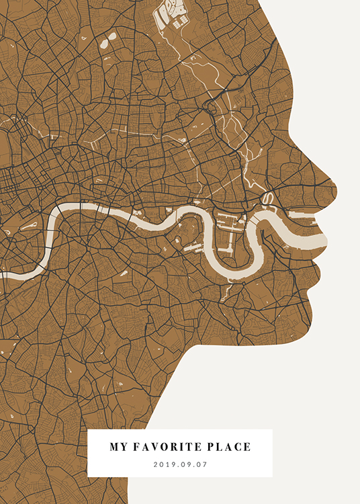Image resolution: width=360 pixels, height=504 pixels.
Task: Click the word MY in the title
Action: click(118, 446)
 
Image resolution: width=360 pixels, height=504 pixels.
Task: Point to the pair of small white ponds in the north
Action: click(105, 44)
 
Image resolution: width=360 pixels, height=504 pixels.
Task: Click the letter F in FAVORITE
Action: click(137, 446)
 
